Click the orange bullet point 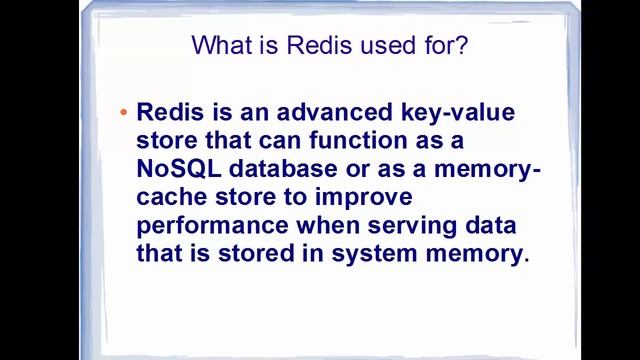coord(123,112)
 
